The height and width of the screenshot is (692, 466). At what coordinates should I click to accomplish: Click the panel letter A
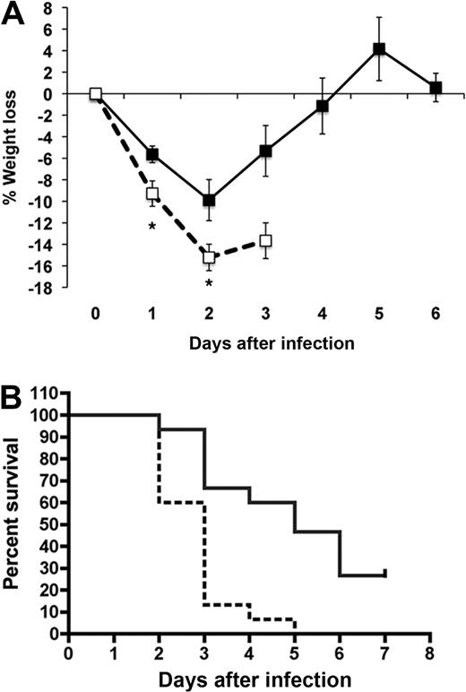(x=13, y=14)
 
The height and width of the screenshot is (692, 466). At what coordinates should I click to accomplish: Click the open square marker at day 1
(x=152, y=194)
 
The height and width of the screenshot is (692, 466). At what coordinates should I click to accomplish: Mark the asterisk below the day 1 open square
(x=152, y=228)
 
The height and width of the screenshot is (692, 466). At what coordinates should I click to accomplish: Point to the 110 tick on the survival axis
(x=48, y=394)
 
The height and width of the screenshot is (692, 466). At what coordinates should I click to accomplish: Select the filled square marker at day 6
(x=436, y=88)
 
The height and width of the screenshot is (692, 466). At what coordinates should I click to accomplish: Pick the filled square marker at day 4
(x=323, y=107)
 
